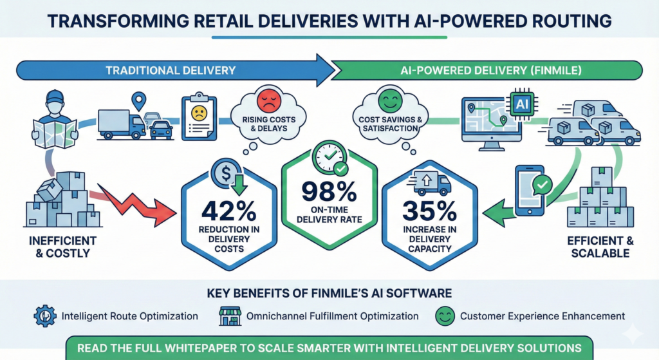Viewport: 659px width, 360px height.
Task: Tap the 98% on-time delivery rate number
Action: coord(329,191)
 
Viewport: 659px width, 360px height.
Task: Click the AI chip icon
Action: coord(521,103)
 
